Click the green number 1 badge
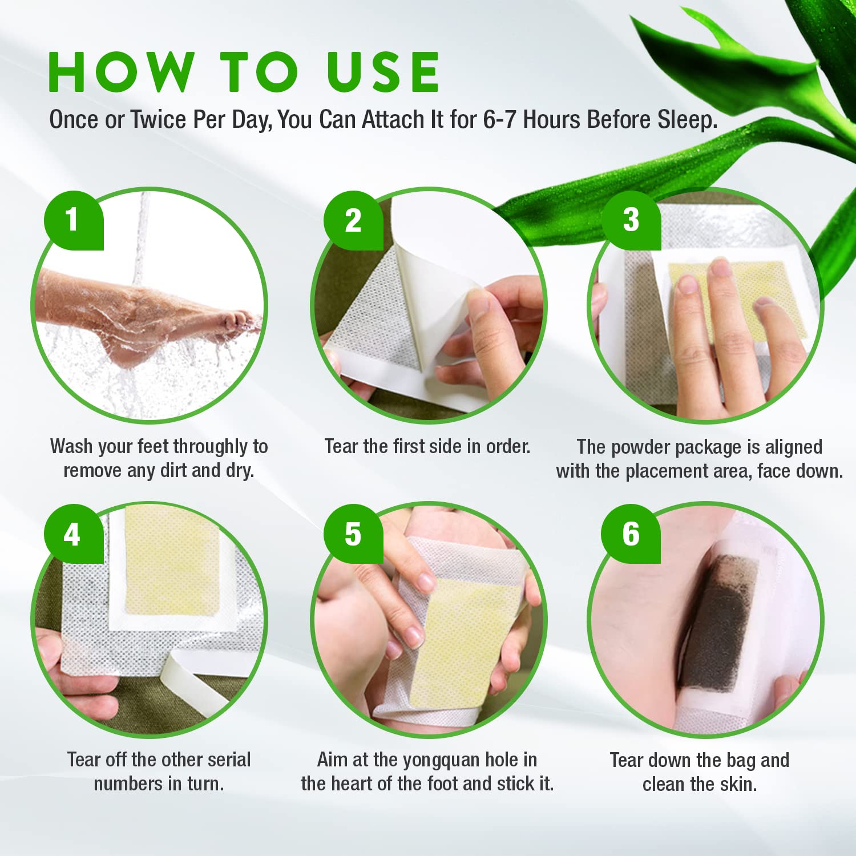pyautogui.click(x=73, y=220)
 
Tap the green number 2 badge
pyautogui.click(x=353, y=221)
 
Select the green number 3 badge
pyautogui.click(x=631, y=220)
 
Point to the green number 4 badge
pyautogui.click(x=73, y=534)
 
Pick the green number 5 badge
pyautogui.click(x=353, y=534)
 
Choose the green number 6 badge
pyautogui.click(x=631, y=534)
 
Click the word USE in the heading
pyautogui.click(x=383, y=72)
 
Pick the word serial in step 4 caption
pyautogui.click(x=229, y=760)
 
